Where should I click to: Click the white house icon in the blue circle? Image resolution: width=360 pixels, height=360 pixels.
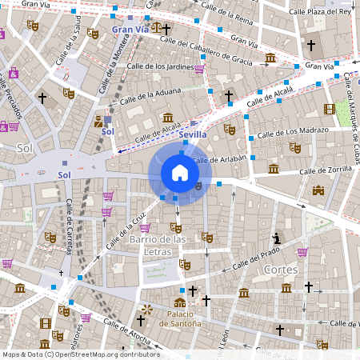pyautogui.click(x=180, y=173)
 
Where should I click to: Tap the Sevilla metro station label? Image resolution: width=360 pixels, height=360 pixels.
pyautogui.click(x=194, y=135)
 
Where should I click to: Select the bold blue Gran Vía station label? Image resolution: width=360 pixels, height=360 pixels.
pyautogui.click(x=130, y=30)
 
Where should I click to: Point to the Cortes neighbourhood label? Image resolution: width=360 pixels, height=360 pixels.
pyautogui.click(x=280, y=270)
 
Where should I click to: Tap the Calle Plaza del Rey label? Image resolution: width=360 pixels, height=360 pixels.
pyautogui.click(x=321, y=11)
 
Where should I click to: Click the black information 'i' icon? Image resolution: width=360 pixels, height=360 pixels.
pyautogui.click(x=277, y=238)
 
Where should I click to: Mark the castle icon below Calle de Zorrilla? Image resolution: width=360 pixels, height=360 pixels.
pyautogui.click(x=318, y=190)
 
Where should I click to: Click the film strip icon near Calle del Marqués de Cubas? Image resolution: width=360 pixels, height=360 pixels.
pyautogui.click(x=329, y=109)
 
